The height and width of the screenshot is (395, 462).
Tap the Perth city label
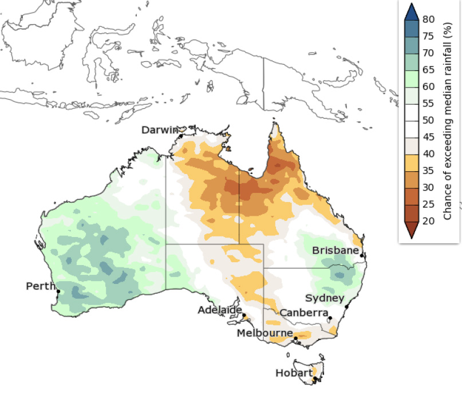click(41, 286)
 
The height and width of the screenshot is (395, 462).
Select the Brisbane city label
click(335, 251)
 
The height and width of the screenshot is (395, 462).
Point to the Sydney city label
click(325, 298)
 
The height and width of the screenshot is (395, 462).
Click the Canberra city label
click(303, 313)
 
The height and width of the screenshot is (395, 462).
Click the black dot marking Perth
click(58, 292)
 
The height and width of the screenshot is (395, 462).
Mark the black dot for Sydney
click(347, 307)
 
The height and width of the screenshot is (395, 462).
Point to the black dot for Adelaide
click(244, 315)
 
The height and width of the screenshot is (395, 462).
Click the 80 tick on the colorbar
click(428, 19)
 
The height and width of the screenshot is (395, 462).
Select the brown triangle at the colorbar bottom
click(412, 229)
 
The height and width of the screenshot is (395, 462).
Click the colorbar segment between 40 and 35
click(412, 163)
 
